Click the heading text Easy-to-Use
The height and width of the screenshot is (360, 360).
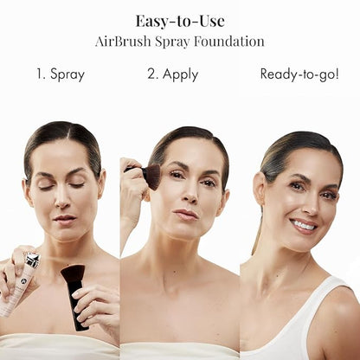pos(179,21)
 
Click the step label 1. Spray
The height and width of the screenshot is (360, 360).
pos(61,74)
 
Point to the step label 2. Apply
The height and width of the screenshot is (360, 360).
pos(172,74)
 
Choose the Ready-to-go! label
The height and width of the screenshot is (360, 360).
pos(299,74)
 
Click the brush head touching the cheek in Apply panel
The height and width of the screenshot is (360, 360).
pos(151,176)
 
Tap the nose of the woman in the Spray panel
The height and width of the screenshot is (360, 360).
pos(64,201)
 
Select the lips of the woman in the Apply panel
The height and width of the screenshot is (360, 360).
pos(184,214)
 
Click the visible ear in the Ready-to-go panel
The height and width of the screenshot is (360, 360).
pos(259,190)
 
